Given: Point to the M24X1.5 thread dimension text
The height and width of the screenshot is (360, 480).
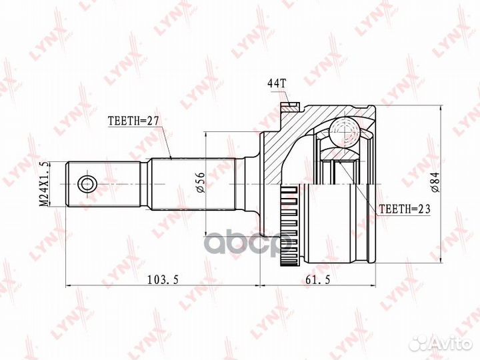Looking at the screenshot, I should (45, 183).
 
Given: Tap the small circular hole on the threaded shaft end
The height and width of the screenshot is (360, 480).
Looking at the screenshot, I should (85, 183).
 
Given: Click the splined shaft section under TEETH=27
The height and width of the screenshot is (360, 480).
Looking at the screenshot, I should (193, 183).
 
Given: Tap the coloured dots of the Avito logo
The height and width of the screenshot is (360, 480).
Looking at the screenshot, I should (419, 343).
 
